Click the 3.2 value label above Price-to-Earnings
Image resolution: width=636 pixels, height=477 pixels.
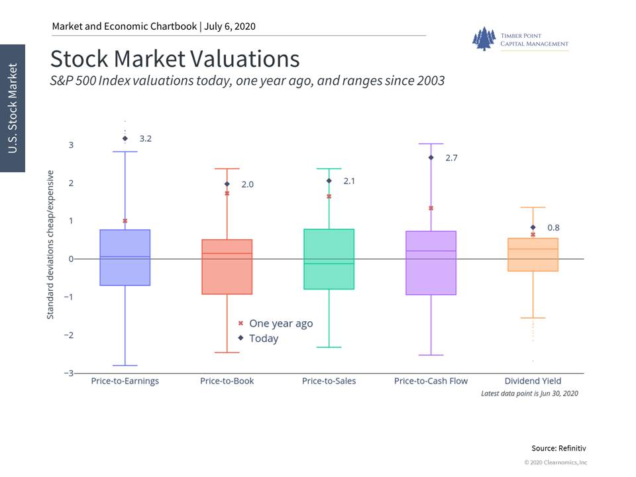tap(146, 138)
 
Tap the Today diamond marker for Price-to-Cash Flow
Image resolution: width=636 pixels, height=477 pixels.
tap(431, 158)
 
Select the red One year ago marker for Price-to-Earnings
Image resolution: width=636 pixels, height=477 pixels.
tap(125, 221)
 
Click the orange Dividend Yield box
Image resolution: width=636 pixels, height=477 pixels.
tap(533, 254)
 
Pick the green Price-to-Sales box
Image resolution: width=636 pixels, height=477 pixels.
tap(329, 259)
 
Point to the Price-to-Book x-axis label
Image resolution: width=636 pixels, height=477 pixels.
tap(227, 381)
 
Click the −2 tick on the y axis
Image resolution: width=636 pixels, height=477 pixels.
tap(69, 335)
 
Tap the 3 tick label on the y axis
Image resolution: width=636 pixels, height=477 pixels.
tap(71, 145)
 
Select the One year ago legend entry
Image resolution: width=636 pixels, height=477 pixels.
tap(276, 323)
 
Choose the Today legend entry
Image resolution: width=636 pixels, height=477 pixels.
tap(258, 339)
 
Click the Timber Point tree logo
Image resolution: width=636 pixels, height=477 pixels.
tap(484, 38)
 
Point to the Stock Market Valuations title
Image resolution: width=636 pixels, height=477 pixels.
tap(175, 59)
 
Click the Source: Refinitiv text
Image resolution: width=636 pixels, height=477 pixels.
tap(558, 449)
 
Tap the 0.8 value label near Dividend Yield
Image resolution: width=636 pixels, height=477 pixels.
tap(553, 227)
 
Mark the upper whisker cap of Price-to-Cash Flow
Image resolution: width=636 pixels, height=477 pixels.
tap(431, 144)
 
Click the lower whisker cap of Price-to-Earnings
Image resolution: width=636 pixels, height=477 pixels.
tap(125, 366)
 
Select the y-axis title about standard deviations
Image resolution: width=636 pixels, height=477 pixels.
tap(50, 244)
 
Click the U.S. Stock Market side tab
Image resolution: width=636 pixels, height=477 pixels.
tap(13, 108)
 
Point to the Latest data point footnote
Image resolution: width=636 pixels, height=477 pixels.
tap(529, 394)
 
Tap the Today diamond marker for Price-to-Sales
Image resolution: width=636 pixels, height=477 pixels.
tap(329, 181)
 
